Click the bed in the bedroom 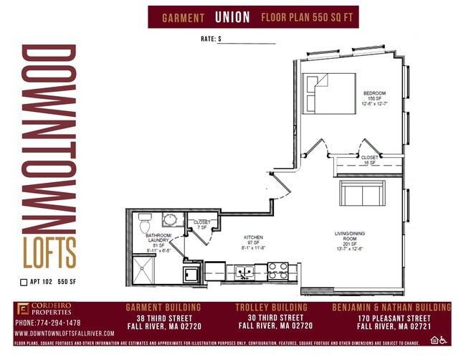point(328,93)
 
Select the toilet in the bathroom point(144,217)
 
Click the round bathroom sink point(171,220)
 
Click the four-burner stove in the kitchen point(278,271)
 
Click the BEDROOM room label point(375,94)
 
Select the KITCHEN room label point(254,237)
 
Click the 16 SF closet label point(370,160)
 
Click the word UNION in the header point(233,16)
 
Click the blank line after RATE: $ point(247,41)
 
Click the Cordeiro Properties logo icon point(23,310)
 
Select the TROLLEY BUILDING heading point(271,308)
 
